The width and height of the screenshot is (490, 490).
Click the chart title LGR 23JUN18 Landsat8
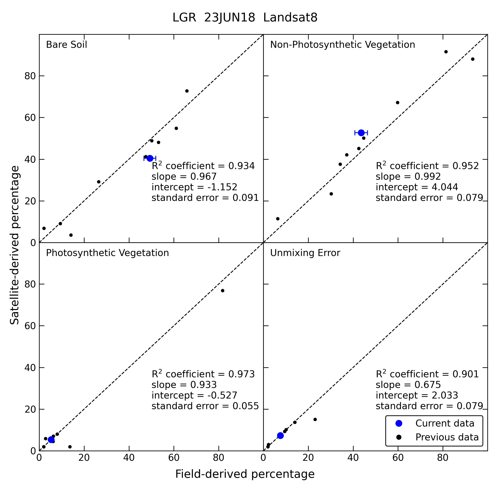click(x=245, y=18)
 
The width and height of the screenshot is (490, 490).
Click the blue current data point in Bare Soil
click(x=150, y=158)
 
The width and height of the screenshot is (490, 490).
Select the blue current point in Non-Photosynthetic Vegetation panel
click(x=361, y=133)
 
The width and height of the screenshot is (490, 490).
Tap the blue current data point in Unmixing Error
click(x=280, y=436)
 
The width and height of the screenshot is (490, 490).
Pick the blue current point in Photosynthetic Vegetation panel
click(x=51, y=440)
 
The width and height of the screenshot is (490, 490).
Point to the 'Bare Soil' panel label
click(x=66, y=45)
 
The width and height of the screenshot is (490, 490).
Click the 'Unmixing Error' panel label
click(x=305, y=253)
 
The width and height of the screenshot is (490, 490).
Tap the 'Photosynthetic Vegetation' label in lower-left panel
click(x=107, y=253)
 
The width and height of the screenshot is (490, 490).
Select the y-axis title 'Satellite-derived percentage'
click(x=14, y=245)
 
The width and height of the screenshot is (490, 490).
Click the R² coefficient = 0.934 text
click(x=203, y=166)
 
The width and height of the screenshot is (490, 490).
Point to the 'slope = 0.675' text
click(x=408, y=385)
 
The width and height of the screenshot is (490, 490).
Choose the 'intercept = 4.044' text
click(x=417, y=187)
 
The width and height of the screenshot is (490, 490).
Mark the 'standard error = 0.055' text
click(x=205, y=406)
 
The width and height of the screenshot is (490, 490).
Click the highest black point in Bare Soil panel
click(x=187, y=91)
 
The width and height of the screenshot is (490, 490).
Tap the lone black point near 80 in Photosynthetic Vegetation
click(x=222, y=291)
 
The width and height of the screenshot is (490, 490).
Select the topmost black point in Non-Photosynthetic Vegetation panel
click(x=446, y=52)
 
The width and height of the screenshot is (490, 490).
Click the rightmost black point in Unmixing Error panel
click(x=315, y=420)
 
